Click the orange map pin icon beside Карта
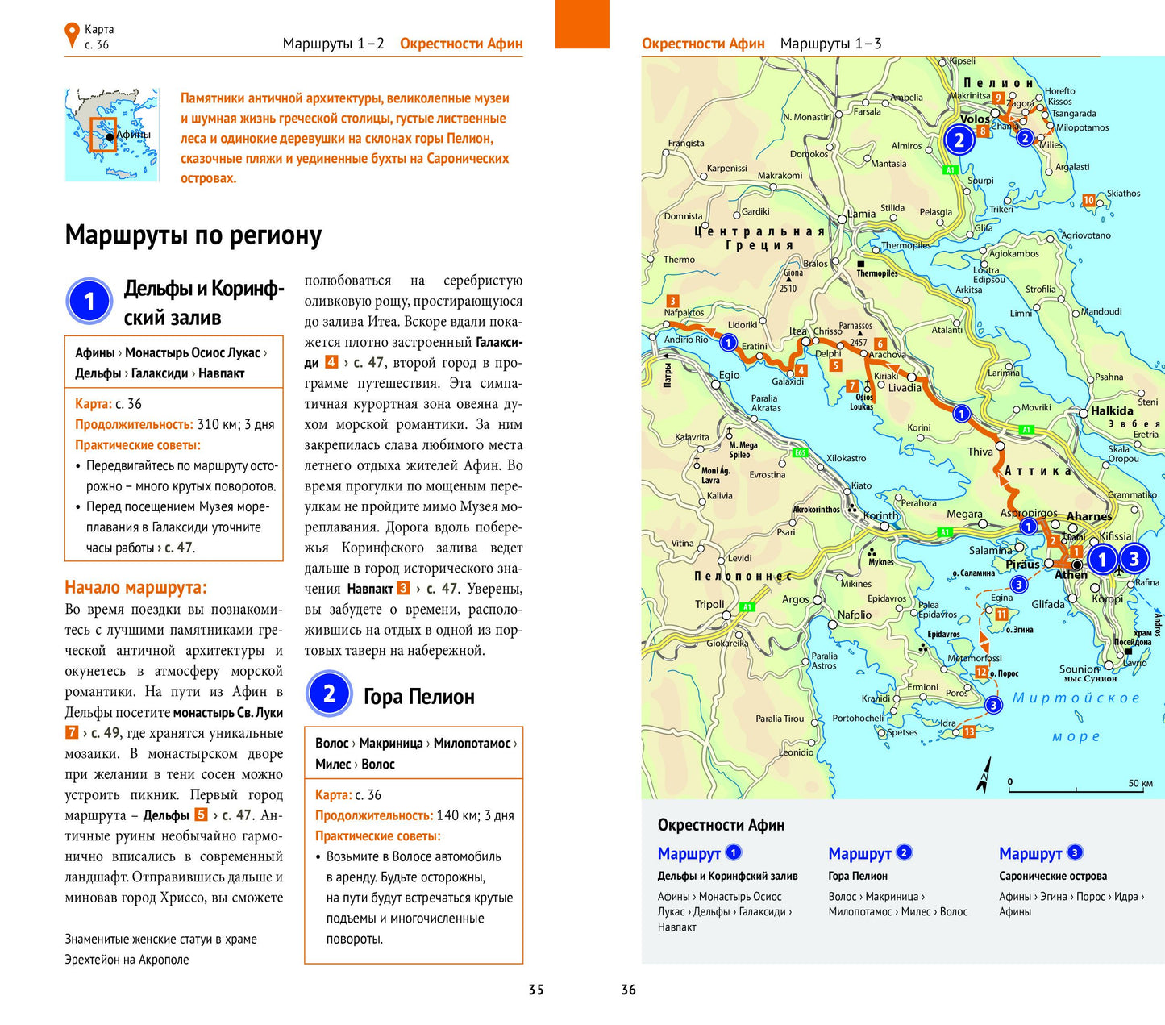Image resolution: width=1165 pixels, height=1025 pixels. tap(72, 35)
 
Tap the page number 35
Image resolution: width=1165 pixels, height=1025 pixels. tap(536, 990)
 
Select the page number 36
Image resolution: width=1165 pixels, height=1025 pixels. tap(629, 990)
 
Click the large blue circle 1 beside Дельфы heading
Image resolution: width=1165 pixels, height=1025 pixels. tap(89, 301)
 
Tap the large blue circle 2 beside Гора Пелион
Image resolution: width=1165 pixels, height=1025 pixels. tap(329, 694)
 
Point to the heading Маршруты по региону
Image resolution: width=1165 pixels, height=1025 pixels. tap(193, 235)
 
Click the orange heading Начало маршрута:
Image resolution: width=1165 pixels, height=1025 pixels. tap(135, 587)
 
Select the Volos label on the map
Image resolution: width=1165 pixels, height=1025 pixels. tap(975, 119)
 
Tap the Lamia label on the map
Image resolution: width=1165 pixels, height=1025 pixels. tap(861, 214)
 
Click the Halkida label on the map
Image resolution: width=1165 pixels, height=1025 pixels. tap(1112, 410)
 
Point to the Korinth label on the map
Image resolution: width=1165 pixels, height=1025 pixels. tap(880, 515)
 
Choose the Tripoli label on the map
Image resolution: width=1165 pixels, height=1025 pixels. tap(709, 604)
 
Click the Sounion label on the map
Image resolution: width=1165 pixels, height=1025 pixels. tap(1079, 669)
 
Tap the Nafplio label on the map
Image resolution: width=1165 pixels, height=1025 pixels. tap(855, 615)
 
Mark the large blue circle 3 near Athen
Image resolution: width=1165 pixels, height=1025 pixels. tap(1134, 558)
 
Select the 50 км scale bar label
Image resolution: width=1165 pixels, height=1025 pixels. tap(1140, 783)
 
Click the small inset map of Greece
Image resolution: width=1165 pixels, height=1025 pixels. tap(112, 134)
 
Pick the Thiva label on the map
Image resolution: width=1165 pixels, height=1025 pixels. tap(980, 452)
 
